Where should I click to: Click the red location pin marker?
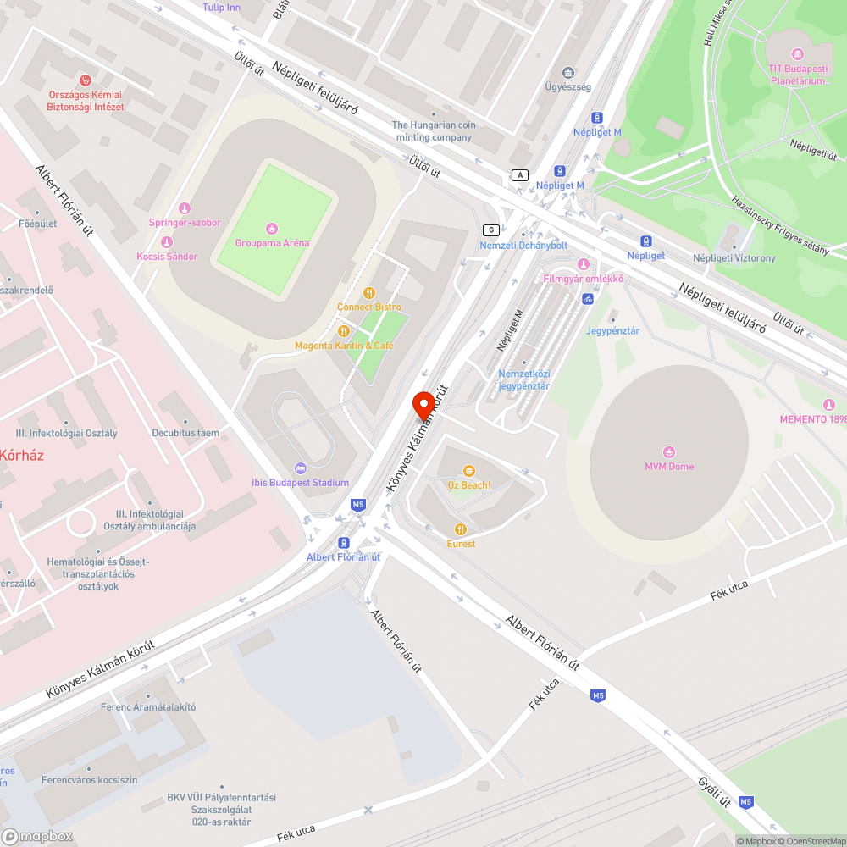coord(423,407)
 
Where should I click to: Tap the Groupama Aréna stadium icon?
coord(271,228)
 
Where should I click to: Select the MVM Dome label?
coord(669,467)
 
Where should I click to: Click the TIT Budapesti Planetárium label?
coord(797,75)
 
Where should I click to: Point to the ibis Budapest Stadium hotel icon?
coord(300,468)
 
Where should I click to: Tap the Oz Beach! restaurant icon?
coord(469,471)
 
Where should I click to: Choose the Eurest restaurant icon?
coord(461,529)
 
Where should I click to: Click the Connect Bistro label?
coord(369,307)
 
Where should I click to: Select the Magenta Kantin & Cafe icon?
coord(344,331)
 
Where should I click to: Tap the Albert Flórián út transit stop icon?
coord(343,543)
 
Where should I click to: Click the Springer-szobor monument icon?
coord(185,208)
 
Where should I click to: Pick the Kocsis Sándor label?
coord(167,257)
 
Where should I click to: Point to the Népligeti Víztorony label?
coord(734,258)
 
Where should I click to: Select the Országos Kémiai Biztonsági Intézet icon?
coord(85,80)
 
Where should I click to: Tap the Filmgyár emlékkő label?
coord(583,279)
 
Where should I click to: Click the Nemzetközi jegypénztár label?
coord(523,379)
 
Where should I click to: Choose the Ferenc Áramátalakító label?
coord(148,706)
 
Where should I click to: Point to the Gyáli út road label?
coord(715,791)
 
